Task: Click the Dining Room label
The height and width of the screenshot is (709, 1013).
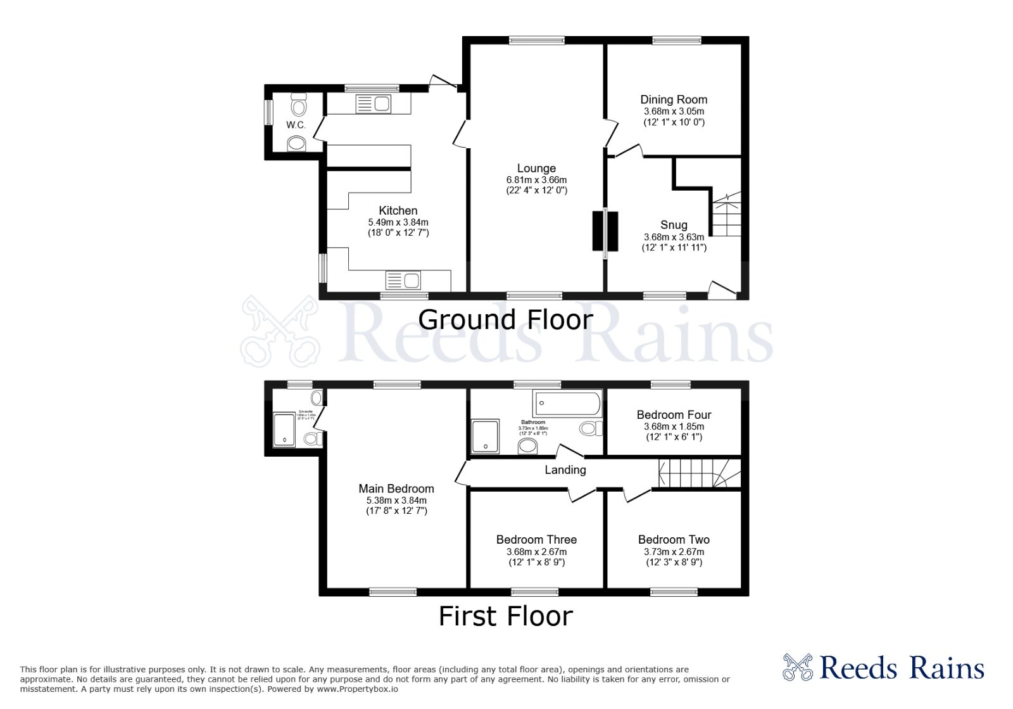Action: click(x=674, y=99)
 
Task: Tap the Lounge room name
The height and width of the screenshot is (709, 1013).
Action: click(x=536, y=169)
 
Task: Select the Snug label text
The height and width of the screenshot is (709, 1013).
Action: click(x=674, y=225)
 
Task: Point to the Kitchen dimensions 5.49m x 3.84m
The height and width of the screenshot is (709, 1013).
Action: click(x=398, y=222)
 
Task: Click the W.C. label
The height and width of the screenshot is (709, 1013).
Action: click(x=296, y=125)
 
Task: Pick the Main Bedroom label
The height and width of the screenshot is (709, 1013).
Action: click(x=396, y=489)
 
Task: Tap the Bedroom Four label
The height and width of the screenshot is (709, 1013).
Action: click(x=674, y=415)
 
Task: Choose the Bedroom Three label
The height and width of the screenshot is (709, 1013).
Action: click(x=536, y=540)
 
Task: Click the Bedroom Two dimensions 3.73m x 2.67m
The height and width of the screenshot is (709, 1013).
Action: click(x=674, y=552)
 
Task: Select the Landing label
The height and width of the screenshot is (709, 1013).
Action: click(x=565, y=470)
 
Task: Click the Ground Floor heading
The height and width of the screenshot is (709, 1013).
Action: click(x=505, y=320)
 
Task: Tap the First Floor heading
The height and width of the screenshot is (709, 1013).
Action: click(x=505, y=616)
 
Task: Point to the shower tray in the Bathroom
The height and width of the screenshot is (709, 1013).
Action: click(x=486, y=437)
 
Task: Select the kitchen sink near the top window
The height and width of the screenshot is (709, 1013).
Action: click(x=373, y=103)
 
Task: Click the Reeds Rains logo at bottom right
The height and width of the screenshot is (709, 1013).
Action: click(x=884, y=668)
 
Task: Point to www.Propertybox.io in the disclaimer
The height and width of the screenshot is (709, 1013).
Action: click(x=357, y=689)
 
